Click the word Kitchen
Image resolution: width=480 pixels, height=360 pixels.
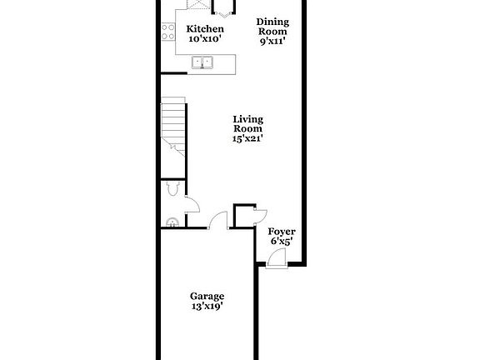[x=204, y=29]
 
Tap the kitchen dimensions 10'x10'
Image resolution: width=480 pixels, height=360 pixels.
[x=204, y=39]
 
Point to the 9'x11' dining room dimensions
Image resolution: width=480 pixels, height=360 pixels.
[x=272, y=41]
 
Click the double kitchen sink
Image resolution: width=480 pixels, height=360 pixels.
[x=202, y=62]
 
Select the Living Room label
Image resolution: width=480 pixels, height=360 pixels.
[x=247, y=124]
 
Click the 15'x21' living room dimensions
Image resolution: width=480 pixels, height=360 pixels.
[x=247, y=139]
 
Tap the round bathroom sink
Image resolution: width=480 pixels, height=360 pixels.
[x=172, y=222]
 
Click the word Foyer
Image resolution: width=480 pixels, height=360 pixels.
[x=281, y=232]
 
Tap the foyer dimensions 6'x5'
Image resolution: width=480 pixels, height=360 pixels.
[x=281, y=242]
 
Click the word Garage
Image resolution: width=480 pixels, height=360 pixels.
[x=207, y=296]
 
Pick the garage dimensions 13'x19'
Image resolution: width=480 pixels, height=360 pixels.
[x=207, y=307]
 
